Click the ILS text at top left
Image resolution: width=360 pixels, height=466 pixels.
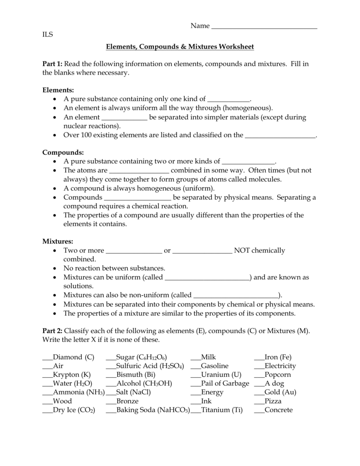pos(47,35)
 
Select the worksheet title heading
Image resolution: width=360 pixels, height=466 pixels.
pos(180,47)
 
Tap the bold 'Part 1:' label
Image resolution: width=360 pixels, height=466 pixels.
pos(52,64)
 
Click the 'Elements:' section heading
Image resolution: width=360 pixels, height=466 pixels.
pos(58,91)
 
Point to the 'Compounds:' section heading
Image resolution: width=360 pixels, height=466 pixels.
pos(63,152)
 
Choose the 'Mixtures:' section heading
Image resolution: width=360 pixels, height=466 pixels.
pos(58,241)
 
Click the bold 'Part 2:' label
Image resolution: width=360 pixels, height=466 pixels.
pos(52,330)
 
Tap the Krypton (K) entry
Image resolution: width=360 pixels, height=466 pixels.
pos(72,375)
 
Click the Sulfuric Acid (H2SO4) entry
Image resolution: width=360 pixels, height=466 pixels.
pos(150,366)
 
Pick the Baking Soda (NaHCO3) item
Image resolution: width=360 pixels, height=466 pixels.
pos(153,410)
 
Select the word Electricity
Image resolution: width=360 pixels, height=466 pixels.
pos(280,366)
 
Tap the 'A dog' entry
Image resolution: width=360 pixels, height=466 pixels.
pos(274,384)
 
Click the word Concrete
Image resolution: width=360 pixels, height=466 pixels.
pos(279,410)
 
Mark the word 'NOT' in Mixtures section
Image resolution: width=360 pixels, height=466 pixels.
pos(241,250)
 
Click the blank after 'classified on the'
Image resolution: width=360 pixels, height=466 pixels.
pos(280,136)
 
